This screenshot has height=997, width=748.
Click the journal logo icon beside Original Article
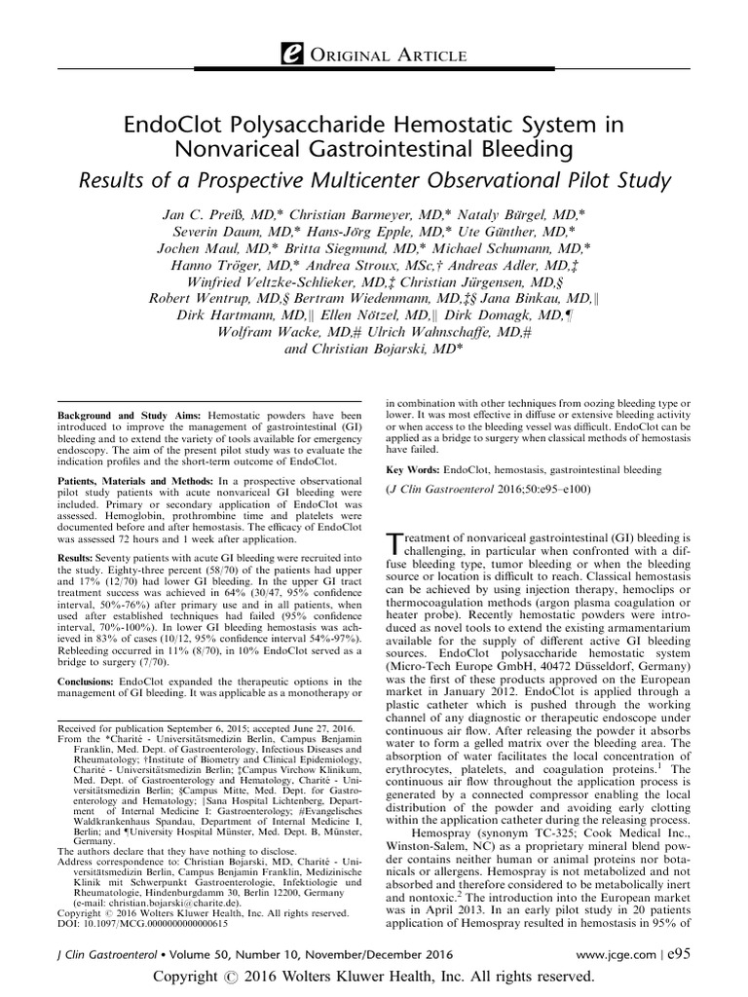pos(291,56)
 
